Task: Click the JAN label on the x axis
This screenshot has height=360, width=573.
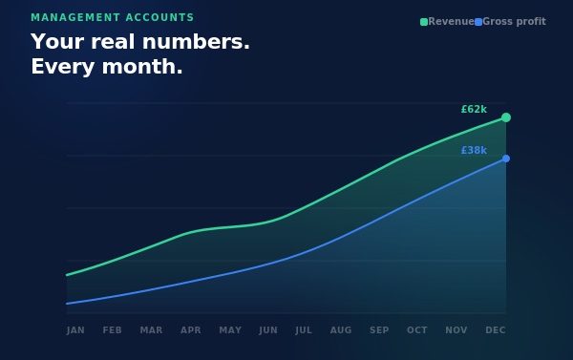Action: (75, 330)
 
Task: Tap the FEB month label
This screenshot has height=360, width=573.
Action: (113, 330)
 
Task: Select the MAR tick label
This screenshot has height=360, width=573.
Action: (151, 330)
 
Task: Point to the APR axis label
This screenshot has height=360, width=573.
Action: (191, 330)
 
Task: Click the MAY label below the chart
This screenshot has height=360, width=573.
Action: (230, 330)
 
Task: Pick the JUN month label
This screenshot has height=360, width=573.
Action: (268, 330)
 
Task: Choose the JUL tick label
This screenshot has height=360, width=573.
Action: (304, 330)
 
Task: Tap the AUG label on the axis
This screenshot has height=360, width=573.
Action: (341, 330)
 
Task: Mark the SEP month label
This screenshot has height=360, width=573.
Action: (379, 330)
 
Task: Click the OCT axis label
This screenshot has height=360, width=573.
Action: (417, 330)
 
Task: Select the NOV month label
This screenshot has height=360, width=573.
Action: (456, 330)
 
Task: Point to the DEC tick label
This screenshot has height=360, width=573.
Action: (496, 330)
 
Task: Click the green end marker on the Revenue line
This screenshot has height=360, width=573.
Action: (506, 117)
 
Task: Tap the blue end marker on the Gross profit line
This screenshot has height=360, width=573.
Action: (506, 159)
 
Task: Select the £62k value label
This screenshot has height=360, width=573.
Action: (474, 110)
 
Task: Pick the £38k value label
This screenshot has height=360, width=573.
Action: (474, 151)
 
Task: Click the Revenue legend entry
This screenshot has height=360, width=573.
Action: (447, 21)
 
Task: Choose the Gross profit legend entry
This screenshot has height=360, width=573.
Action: (511, 21)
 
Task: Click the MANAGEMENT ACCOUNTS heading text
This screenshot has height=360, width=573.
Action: (112, 18)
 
